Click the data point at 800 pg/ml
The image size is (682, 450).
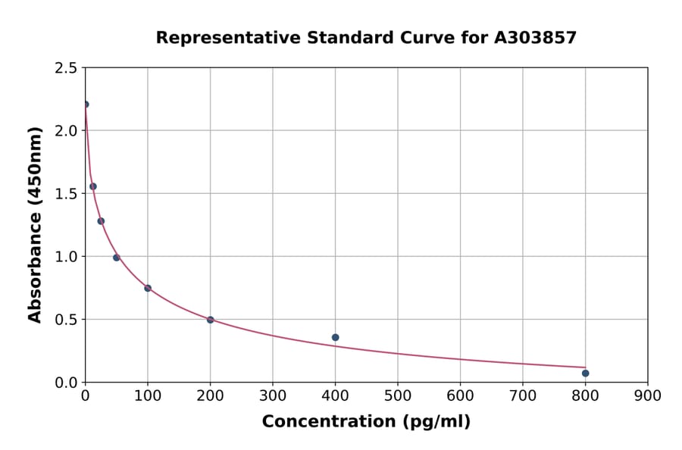click(585, 373)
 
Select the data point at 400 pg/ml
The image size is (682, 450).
click(335, 337)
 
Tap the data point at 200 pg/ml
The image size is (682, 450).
click(210, 320)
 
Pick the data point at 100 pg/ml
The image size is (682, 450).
click(148, 288)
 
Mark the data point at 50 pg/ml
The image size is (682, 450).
click(117, 258)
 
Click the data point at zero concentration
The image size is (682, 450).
click(85, 105)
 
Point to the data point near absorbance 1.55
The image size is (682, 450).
click(93, 186)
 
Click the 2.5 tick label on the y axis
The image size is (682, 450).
click(66, 68)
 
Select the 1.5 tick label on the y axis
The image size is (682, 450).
click(66, 194)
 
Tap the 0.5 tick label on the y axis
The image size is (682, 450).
click(66, 320)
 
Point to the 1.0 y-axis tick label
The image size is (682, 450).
click(66, 257)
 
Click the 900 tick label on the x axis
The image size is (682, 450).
click(647, 395)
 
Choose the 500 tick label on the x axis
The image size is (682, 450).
click(397, 395)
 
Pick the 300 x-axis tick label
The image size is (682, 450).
click(273, 395)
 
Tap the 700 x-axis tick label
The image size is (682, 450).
click(522, 395)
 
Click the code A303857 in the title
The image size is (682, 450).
click(535, 38)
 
